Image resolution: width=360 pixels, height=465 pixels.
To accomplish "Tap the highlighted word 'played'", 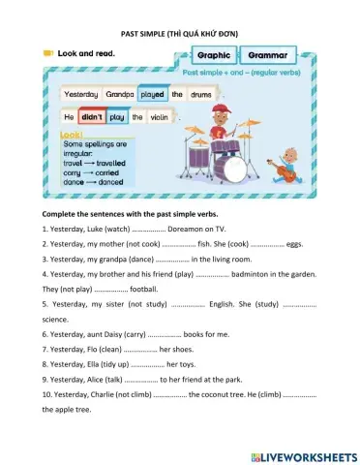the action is pyautogui.click(x=152, y=95).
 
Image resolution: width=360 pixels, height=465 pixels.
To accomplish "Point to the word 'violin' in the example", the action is pyautogui.click(x=160, y=117).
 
